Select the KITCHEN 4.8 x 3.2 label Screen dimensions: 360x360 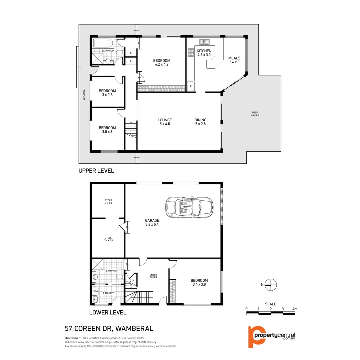pyautogui.click(x=204, y=53)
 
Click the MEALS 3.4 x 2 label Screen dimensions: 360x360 pyautogui.click(x=234, y=60)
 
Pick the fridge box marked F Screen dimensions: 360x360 pyautogui.click(x=191, y=86)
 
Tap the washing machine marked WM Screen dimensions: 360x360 pyautogui.click(x=96, y=291)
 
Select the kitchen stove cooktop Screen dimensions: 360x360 pyautogui.click(x=191, y=52)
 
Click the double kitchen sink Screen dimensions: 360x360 pyautogui.click(x=204, y=42)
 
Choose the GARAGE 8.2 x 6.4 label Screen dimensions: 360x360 pyautogui.click(x=152, y=222)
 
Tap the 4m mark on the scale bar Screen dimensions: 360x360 pyautogui.click(x=294, y=309)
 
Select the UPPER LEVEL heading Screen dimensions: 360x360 pyautogui.click(x=96, y=171)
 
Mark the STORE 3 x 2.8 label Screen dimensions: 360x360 pyautogui.click(x=108, y=202)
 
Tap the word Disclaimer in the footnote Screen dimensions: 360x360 pyautogui.click(x=73, y=338)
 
